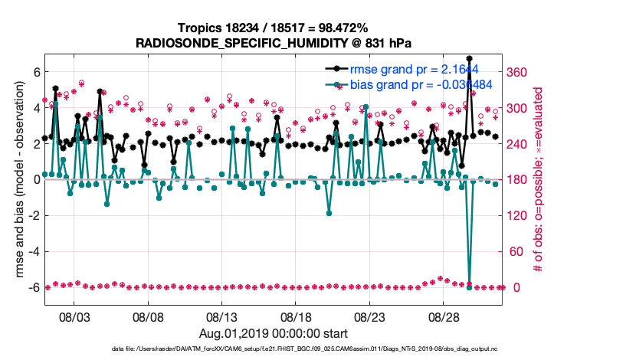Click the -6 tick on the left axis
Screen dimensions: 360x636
[x=32, y=287]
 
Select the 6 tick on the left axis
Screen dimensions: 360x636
[x=35, y=72]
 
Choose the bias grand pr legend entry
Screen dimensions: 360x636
[x=410, y=84]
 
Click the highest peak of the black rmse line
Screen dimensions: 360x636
[x=469, y=58]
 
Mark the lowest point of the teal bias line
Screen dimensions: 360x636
[x=469, y=287]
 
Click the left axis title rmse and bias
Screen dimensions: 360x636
[x=20, y=180]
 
